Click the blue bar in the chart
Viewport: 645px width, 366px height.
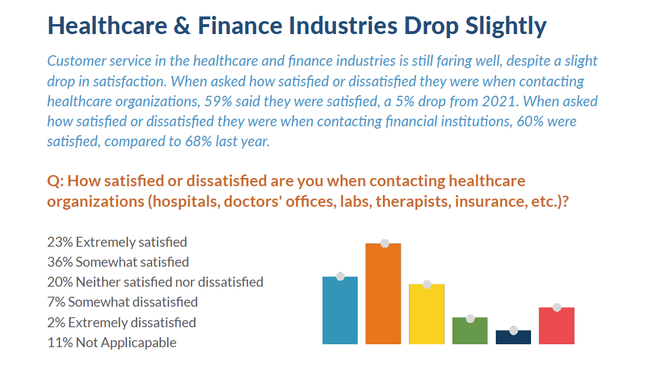[340, 310]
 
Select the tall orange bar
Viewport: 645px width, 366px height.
[383, 294]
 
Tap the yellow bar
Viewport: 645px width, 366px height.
[426, 314]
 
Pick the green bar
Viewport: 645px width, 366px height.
[470, 331]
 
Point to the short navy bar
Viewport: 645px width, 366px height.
[513, 337]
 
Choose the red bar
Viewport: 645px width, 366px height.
[556, 325]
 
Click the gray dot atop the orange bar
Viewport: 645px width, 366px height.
[385, 243]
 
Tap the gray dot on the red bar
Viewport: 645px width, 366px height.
[557, 307]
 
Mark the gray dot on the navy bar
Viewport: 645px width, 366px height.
[513, 330]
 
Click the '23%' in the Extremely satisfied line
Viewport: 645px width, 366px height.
[60, 242]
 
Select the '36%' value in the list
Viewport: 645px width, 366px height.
[60, 262]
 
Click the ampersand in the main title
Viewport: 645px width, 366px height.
[182, 25]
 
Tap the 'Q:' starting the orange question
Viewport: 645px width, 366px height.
[55, 182]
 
